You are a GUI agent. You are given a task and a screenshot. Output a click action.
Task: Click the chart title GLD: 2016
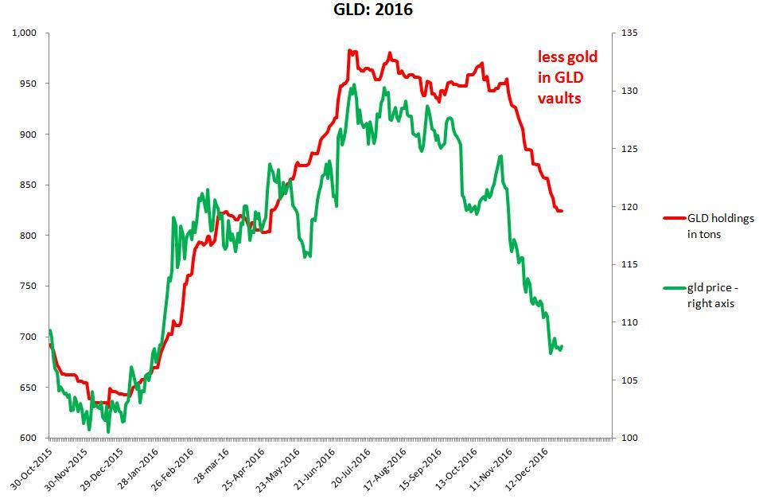[373, 10]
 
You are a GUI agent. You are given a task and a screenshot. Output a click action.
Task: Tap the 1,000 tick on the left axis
[25, 33]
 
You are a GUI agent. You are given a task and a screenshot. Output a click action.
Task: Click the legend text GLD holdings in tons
[720, 226]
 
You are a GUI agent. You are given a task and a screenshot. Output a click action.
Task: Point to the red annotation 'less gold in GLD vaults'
[567, 77]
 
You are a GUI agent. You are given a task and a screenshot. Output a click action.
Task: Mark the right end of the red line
[562, 211]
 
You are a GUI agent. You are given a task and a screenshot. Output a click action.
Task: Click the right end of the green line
[562, 346]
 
